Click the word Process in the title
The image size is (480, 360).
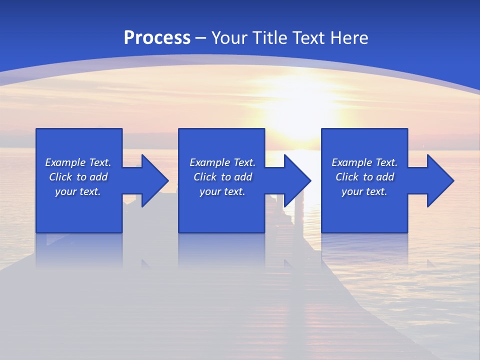tap(157, 38)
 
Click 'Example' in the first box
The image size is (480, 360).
tap(65, 162)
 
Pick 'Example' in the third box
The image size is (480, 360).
tap(352, 162)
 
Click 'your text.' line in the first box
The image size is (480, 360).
tap(78, 191)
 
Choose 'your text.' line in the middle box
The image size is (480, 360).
tap(222, 191)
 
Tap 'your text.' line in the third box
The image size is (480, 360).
tap(364, 191)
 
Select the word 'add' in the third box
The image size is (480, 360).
tap(385, 177)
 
